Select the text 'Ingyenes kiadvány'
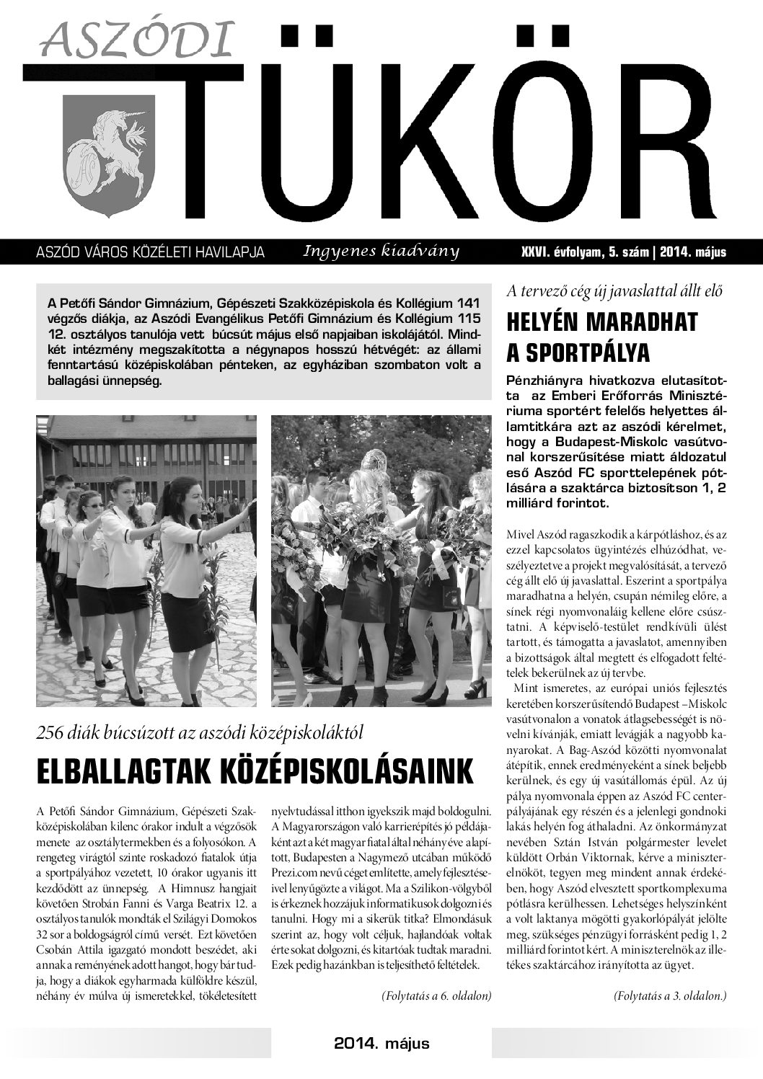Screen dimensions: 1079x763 (381, 251)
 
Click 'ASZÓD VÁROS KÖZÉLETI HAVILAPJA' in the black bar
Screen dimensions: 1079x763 (150, 253)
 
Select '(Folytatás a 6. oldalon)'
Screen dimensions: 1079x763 (436, 996)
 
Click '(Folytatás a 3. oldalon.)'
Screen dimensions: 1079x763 (670, 996)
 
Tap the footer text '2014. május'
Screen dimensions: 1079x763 (381, 1044)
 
